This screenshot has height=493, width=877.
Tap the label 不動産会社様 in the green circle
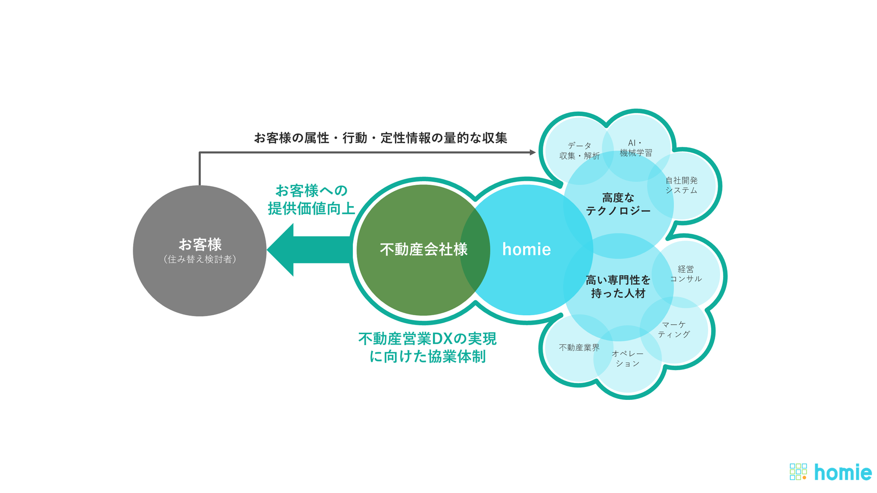pyautogui.click(x=424, y=249)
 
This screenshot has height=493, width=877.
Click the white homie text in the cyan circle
pyautogui.click(x=526, y=249)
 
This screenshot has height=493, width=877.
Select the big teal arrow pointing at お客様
pyautogui.click(x=309, y=249)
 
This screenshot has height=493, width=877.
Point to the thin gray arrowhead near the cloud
pyautogui.click(x=532, y=152)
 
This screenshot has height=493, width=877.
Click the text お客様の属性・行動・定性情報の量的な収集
pyautogui.click(x=380, y=138)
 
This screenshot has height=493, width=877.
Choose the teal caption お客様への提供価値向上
pyautogui.click(x=311, y=199)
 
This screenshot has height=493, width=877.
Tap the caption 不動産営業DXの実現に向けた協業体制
pyautogui.click(x=427, y=348)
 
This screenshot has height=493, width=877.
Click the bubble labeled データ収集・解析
pyautogui.click(x=579, y=150)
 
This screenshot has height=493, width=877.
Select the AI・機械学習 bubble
pyautogui.click(x=635, y=148)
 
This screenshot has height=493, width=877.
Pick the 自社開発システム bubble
pyautogui.click(x=681, y=185)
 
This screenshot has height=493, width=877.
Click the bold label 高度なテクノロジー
pyautogui.click(x=618, y=204)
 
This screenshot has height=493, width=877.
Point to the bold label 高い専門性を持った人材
pyautogui.click(x=618, y=287)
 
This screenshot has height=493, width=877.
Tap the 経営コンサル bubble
pyautogui.click(x=686, y=274)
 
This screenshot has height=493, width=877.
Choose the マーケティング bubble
pyautogui.click(x=674, y=329)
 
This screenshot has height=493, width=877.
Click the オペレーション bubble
pyautogui.click(x=627, y=359)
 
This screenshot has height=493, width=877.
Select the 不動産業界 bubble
pyautogui.click(x=579, y=348)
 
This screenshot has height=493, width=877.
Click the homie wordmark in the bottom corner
pyautogui.click(x=843, y=472)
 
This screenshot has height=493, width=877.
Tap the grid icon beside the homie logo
pyautogui.click(x=798, y=472)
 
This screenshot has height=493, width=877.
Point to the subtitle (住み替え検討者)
pyautogui.click(x=199, y=259)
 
